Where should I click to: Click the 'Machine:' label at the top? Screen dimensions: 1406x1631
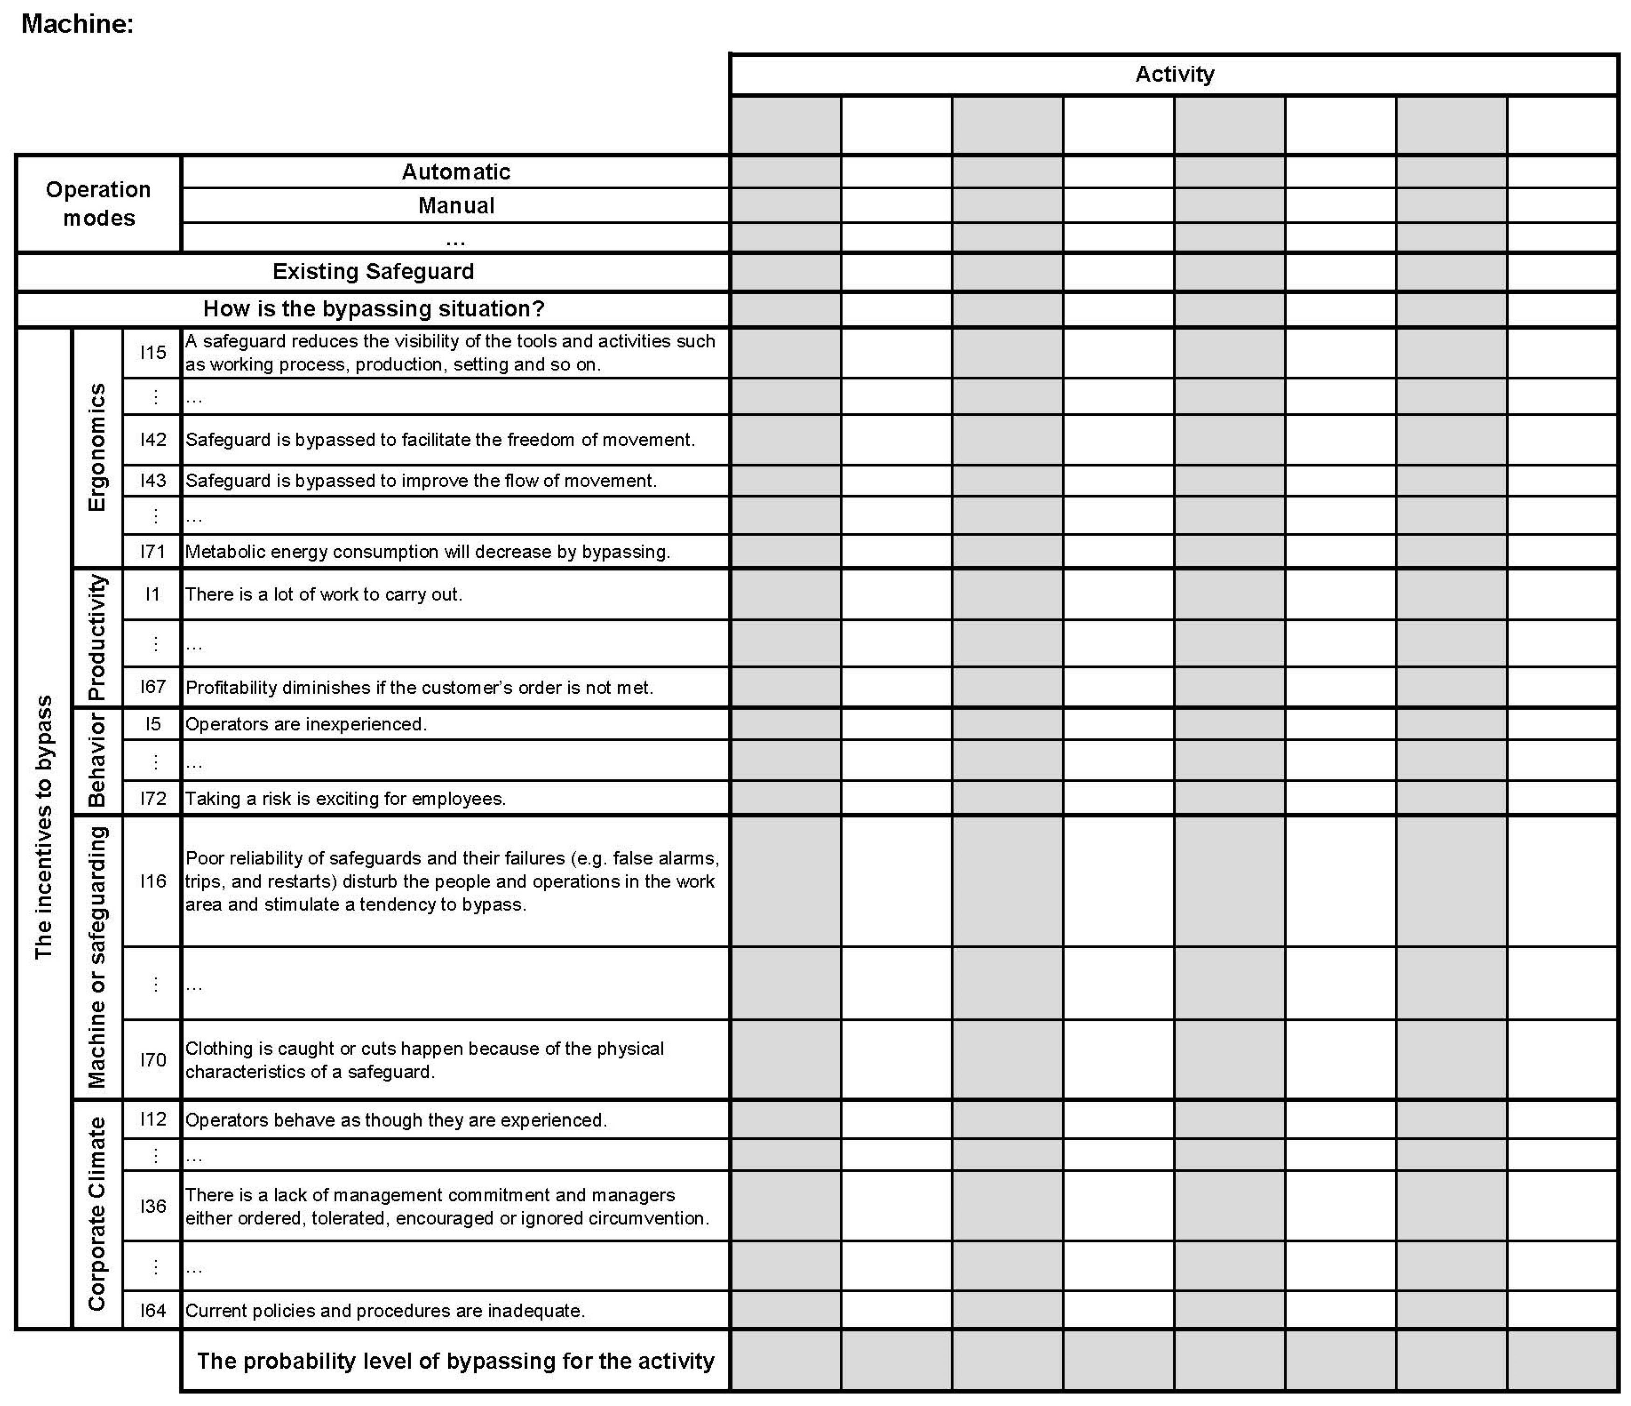(x=77, y=24)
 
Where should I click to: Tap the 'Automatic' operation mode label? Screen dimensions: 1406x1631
(x=456, y=172)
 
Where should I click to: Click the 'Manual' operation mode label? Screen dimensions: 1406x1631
(x=456, y=206)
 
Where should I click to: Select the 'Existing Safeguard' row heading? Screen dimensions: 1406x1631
(x=373, y=272)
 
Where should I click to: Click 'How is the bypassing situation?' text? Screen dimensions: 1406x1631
(x=373, y=309)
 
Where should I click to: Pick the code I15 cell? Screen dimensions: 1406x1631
(x=153, y=352)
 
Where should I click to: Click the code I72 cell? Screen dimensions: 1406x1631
(x=153, y=798)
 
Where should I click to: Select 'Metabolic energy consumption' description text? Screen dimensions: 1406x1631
(x=427, y=551)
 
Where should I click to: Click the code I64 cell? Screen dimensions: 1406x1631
(x=153, y=1310)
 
